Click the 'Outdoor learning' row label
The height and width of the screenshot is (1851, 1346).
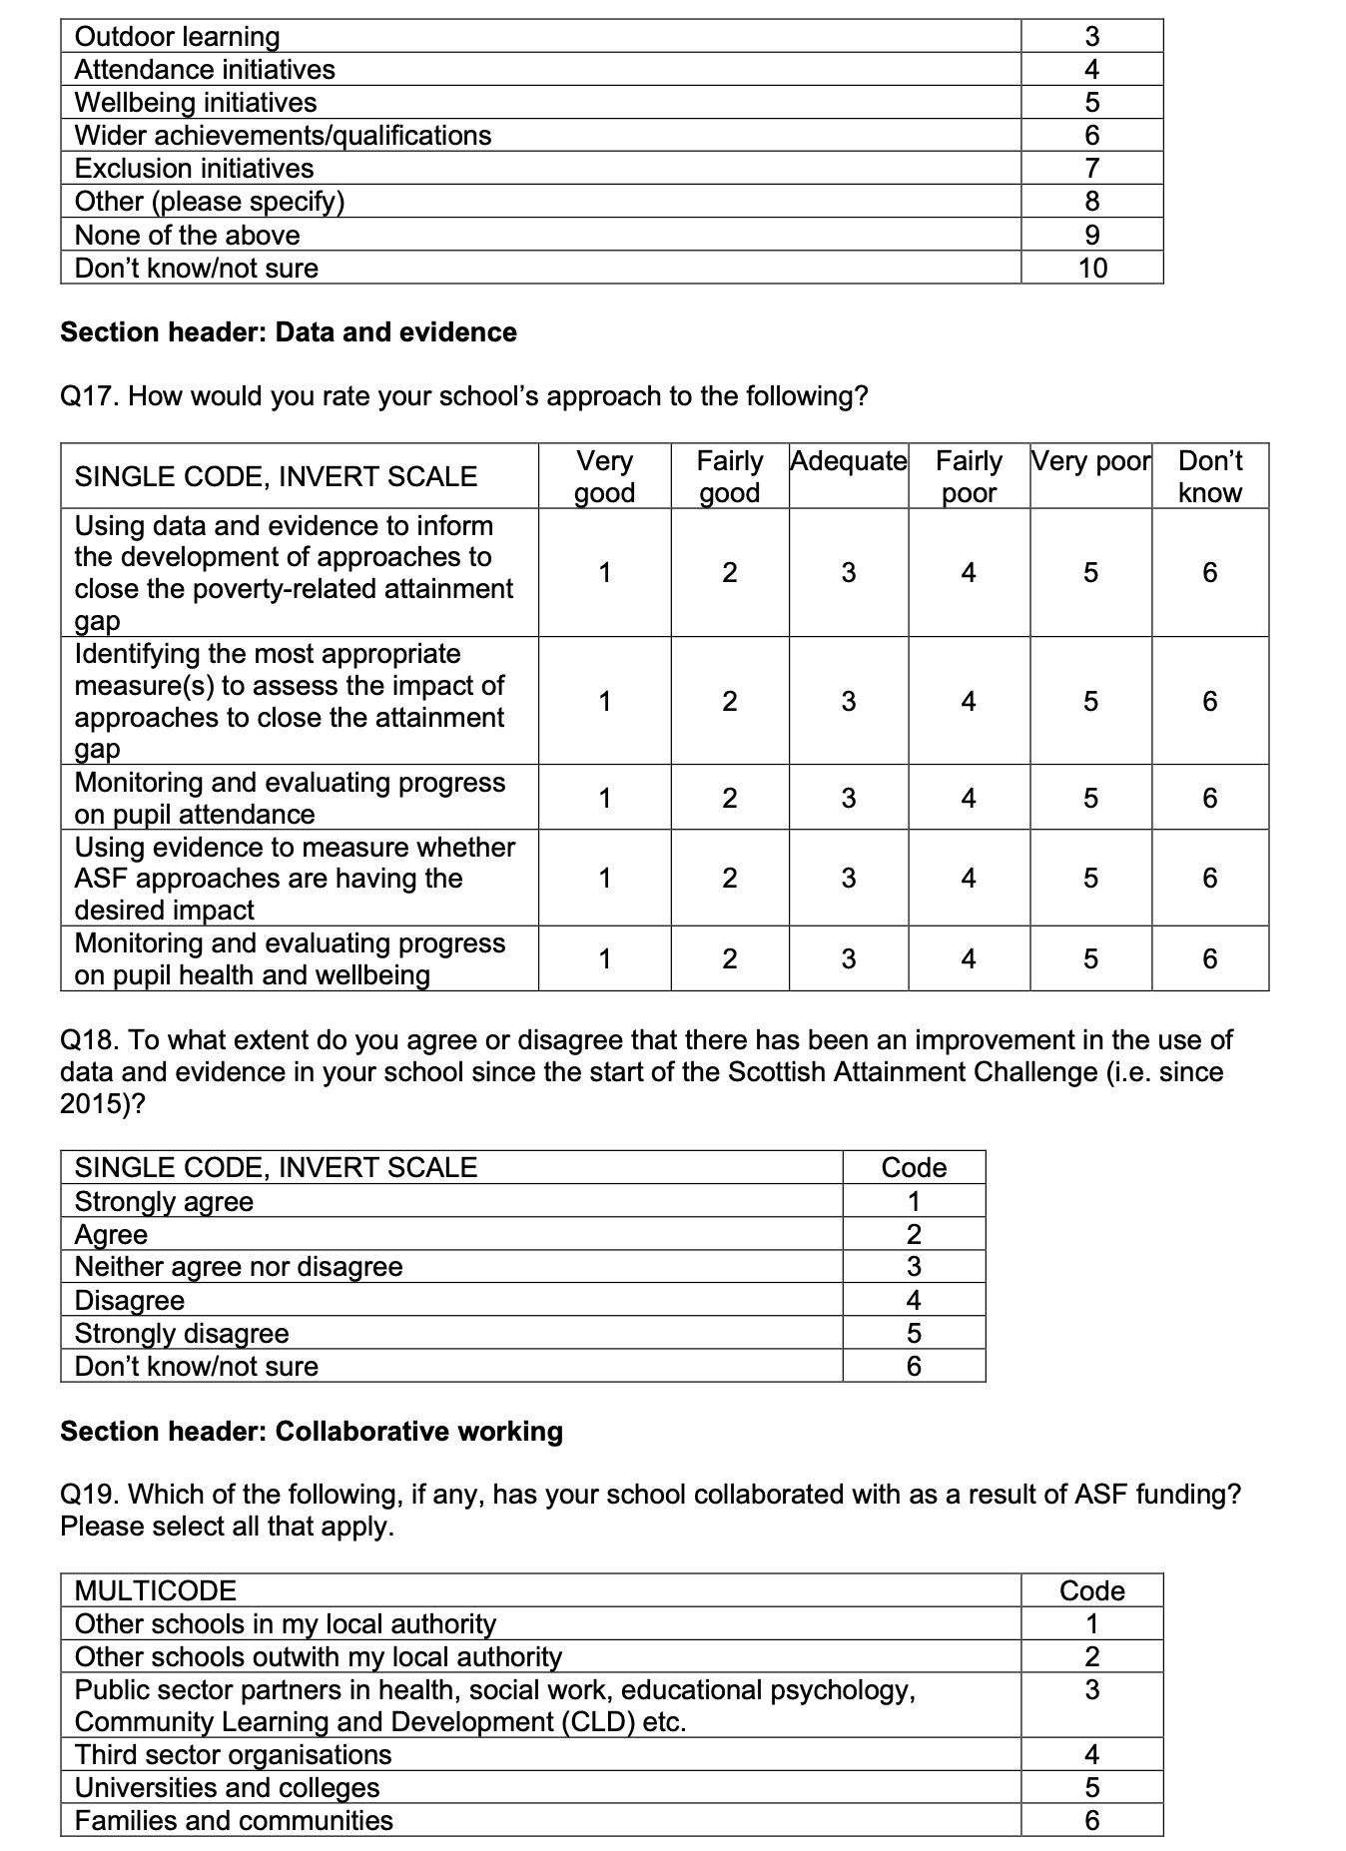[178, 37]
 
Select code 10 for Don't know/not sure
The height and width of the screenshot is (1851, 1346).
[1092, 269]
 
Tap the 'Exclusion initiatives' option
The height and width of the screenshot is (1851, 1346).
[194, 169]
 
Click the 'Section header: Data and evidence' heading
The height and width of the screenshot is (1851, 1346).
[289, 332]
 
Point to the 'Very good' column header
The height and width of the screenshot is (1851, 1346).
[604, 476]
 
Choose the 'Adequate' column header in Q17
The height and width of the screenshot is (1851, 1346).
[848, 461]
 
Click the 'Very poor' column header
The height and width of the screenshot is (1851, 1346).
[1090, 461]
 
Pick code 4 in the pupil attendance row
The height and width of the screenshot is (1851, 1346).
[968, 798]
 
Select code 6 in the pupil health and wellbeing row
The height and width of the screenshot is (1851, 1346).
[1209, 958]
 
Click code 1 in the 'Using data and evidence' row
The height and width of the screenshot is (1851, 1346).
[604, 572]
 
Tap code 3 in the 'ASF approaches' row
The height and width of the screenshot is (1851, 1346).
[848, 878]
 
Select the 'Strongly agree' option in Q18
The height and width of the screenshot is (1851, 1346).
[164, 1201]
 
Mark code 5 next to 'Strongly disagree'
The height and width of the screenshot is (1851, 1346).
[913, 1333]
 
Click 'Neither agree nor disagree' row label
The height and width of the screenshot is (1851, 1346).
[239, 1267]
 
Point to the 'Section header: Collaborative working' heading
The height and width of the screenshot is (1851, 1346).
[312, 1432]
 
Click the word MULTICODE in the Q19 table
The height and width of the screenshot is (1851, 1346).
[156, 1590]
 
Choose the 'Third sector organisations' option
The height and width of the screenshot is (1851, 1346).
[233, 1754]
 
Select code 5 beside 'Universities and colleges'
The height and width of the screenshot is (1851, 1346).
[1091, 1787]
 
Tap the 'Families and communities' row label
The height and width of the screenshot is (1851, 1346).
[234, 1820]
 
